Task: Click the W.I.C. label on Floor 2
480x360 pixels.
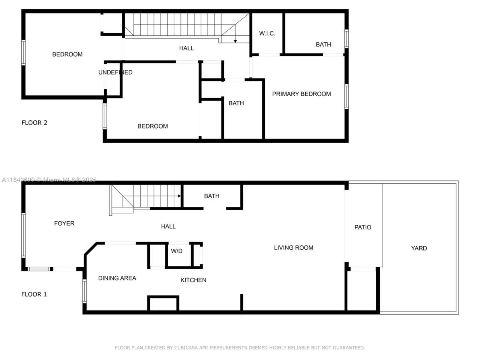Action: pos(267,33)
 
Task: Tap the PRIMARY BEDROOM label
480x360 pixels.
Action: pos(301,94)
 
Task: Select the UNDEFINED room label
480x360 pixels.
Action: pos(115,72)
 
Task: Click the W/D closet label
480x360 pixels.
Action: pos(177,251)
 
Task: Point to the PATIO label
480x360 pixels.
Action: pos(363,227)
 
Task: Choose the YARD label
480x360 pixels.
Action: pos(419,248)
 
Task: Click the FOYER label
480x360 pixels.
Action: pos(64,223)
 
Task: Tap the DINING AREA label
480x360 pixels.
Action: pos(117,278)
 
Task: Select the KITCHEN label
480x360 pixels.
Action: pos(193,280)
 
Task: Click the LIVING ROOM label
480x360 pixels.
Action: pos(294,247)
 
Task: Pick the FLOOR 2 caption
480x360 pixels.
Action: pos(34,123)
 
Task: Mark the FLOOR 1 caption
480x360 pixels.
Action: pos(34,294)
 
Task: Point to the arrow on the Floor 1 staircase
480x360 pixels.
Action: pos(179,196)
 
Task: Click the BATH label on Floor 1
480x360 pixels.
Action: pos(211,196)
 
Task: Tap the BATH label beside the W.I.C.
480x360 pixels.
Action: pos(323,45)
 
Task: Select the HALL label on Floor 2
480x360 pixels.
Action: pos(186,48)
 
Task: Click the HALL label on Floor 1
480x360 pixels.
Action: pos(168,226)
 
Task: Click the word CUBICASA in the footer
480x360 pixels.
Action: pos(186,348)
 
